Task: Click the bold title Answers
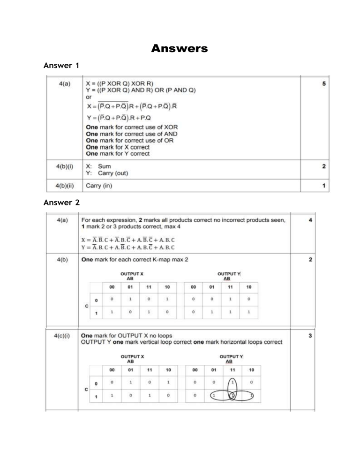(180, 48)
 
